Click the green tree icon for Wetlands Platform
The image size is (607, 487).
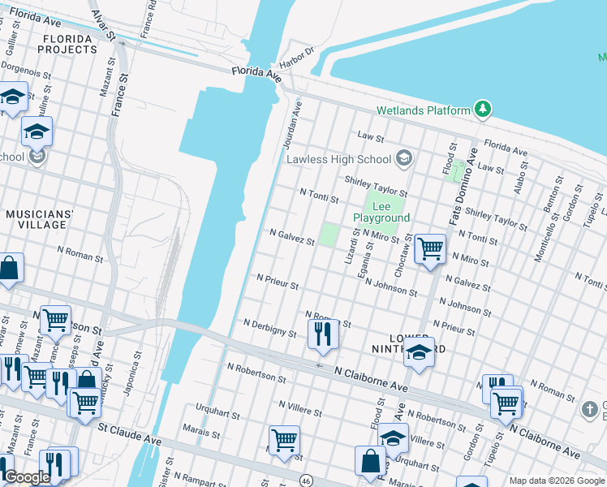[483, 110]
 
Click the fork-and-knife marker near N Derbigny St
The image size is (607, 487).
[323, 334]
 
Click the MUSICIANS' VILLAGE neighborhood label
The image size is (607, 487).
[40, 218]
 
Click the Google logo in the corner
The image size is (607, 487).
[27, 477]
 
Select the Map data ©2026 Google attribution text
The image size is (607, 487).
[556, 481]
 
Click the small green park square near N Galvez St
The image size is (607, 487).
[328, 235]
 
